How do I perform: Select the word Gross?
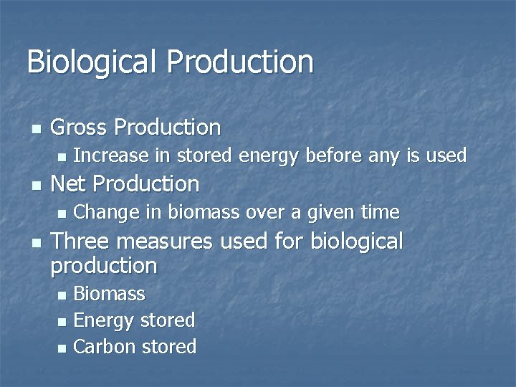[79, 128]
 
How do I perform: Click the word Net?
[70, 184]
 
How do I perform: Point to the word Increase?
[111, 156]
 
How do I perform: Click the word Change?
[106, 212]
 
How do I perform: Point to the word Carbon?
[105, 347]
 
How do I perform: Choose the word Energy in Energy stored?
[104, 320]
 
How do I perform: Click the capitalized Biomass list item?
[109, 294]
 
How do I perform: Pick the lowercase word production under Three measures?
[104, 267]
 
